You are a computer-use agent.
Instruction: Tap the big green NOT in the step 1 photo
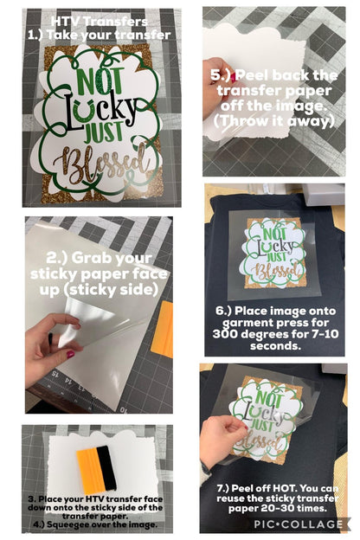[100, 81]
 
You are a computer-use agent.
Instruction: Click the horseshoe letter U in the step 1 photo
[85, 111]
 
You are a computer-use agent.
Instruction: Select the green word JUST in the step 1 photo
[103, 132]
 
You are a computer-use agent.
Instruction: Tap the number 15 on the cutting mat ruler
[54, 373]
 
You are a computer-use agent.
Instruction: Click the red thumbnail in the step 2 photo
[70, 354]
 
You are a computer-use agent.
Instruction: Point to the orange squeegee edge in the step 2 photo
[163, 329]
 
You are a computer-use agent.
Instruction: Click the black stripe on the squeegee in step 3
[106, 467]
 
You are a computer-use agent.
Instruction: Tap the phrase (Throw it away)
[274, 121]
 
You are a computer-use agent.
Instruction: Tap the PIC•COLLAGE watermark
[299, 524]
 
